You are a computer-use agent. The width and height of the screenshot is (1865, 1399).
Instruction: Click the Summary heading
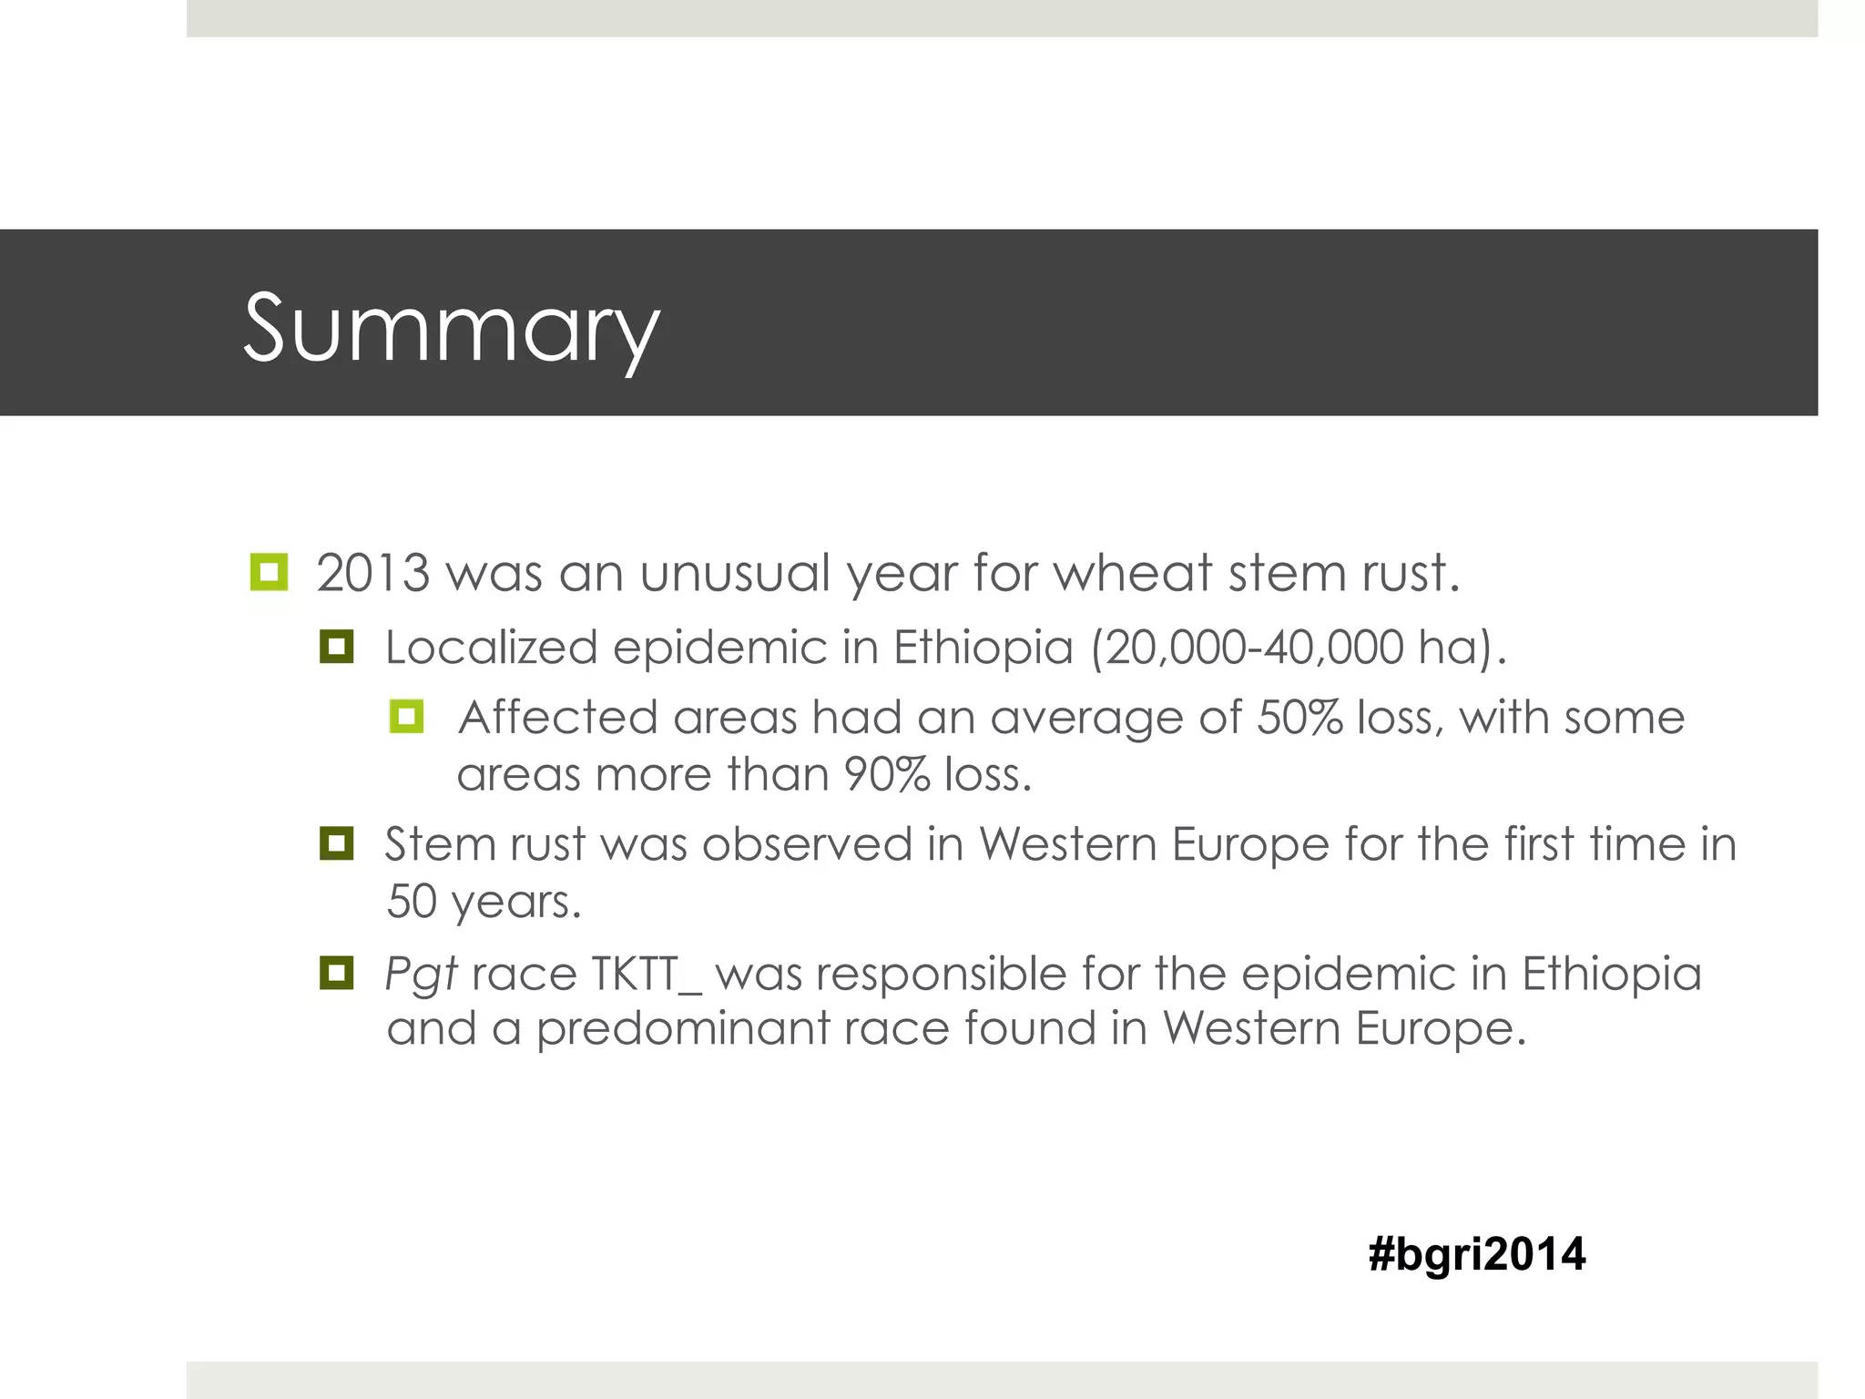pos(451,328)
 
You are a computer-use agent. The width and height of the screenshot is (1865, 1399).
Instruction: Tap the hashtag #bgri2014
pos(1476,1254)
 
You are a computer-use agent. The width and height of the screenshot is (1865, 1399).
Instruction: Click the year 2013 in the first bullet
pos(372,574)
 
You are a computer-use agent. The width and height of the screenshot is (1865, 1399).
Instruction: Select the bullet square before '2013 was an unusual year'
pos(269,572)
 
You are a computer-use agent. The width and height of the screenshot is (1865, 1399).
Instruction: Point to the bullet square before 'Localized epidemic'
pos(336,647)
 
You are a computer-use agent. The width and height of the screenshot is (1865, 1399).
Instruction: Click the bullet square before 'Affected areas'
pos(406,716)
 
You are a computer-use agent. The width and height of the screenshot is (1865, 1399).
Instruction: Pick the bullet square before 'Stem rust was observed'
pos(336,843)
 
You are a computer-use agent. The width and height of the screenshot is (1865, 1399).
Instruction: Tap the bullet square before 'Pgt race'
pos(336,973)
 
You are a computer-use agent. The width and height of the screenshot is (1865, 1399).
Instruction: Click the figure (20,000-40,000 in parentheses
pos(1248,648)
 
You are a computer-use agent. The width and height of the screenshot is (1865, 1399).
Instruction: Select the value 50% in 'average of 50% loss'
pos(1299,718)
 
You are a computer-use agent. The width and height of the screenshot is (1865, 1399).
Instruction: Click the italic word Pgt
pos(420,975)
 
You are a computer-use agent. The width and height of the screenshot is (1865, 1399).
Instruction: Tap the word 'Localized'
pos(491,648)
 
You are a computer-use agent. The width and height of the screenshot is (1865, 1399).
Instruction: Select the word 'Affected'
pos(557,718)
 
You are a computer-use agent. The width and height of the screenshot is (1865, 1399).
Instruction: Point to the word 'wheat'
pos(1133,574)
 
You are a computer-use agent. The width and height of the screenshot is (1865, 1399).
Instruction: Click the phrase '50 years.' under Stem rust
pos(483,902)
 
